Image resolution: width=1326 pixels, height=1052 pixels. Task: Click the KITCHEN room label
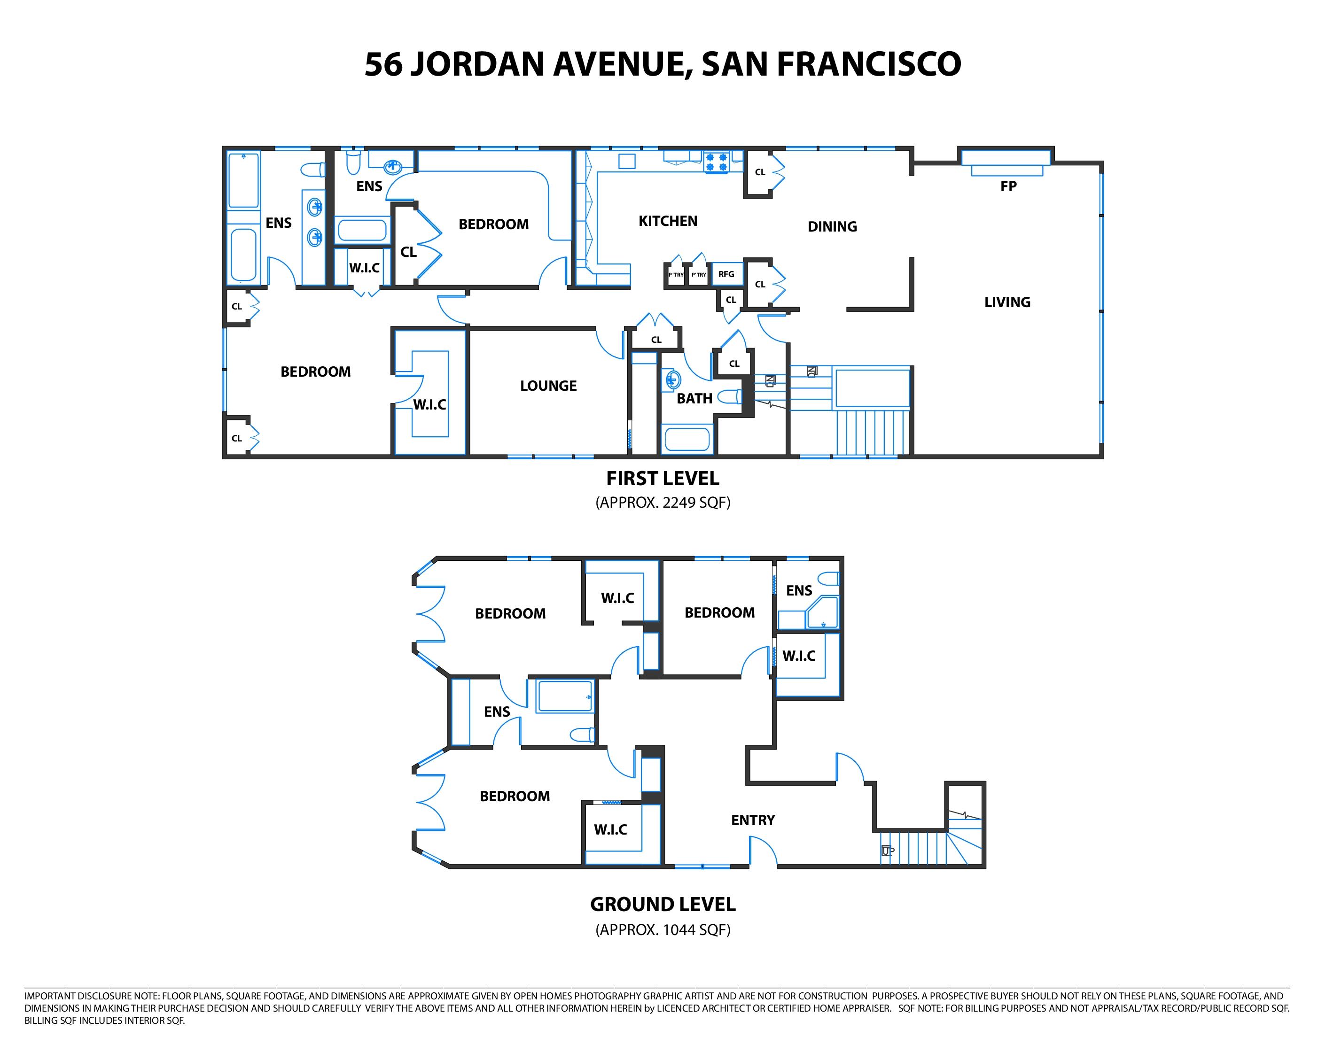coord(667,221)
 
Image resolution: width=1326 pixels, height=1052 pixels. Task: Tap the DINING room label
coord(832,227)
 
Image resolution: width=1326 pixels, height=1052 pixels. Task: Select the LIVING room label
coord(1007,302)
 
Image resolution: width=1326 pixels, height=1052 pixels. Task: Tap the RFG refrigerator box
coord(726,274)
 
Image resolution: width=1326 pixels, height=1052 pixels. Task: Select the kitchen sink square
coord(627,161)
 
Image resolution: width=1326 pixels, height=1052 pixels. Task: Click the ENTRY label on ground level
coord(753,820)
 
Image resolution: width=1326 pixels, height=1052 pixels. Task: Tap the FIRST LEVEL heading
coord(663,479)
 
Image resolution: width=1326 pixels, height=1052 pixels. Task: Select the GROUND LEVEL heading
coord(663,905)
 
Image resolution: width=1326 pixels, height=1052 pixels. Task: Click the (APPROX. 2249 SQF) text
coord(663,503)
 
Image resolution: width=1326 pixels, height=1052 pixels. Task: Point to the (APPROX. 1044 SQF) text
coord(663,929)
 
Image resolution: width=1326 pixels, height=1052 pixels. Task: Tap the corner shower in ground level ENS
coord(822,613)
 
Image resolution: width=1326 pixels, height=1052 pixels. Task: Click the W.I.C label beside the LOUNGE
coord(429,404)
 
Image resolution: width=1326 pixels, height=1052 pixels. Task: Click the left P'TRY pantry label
coord(676,275)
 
